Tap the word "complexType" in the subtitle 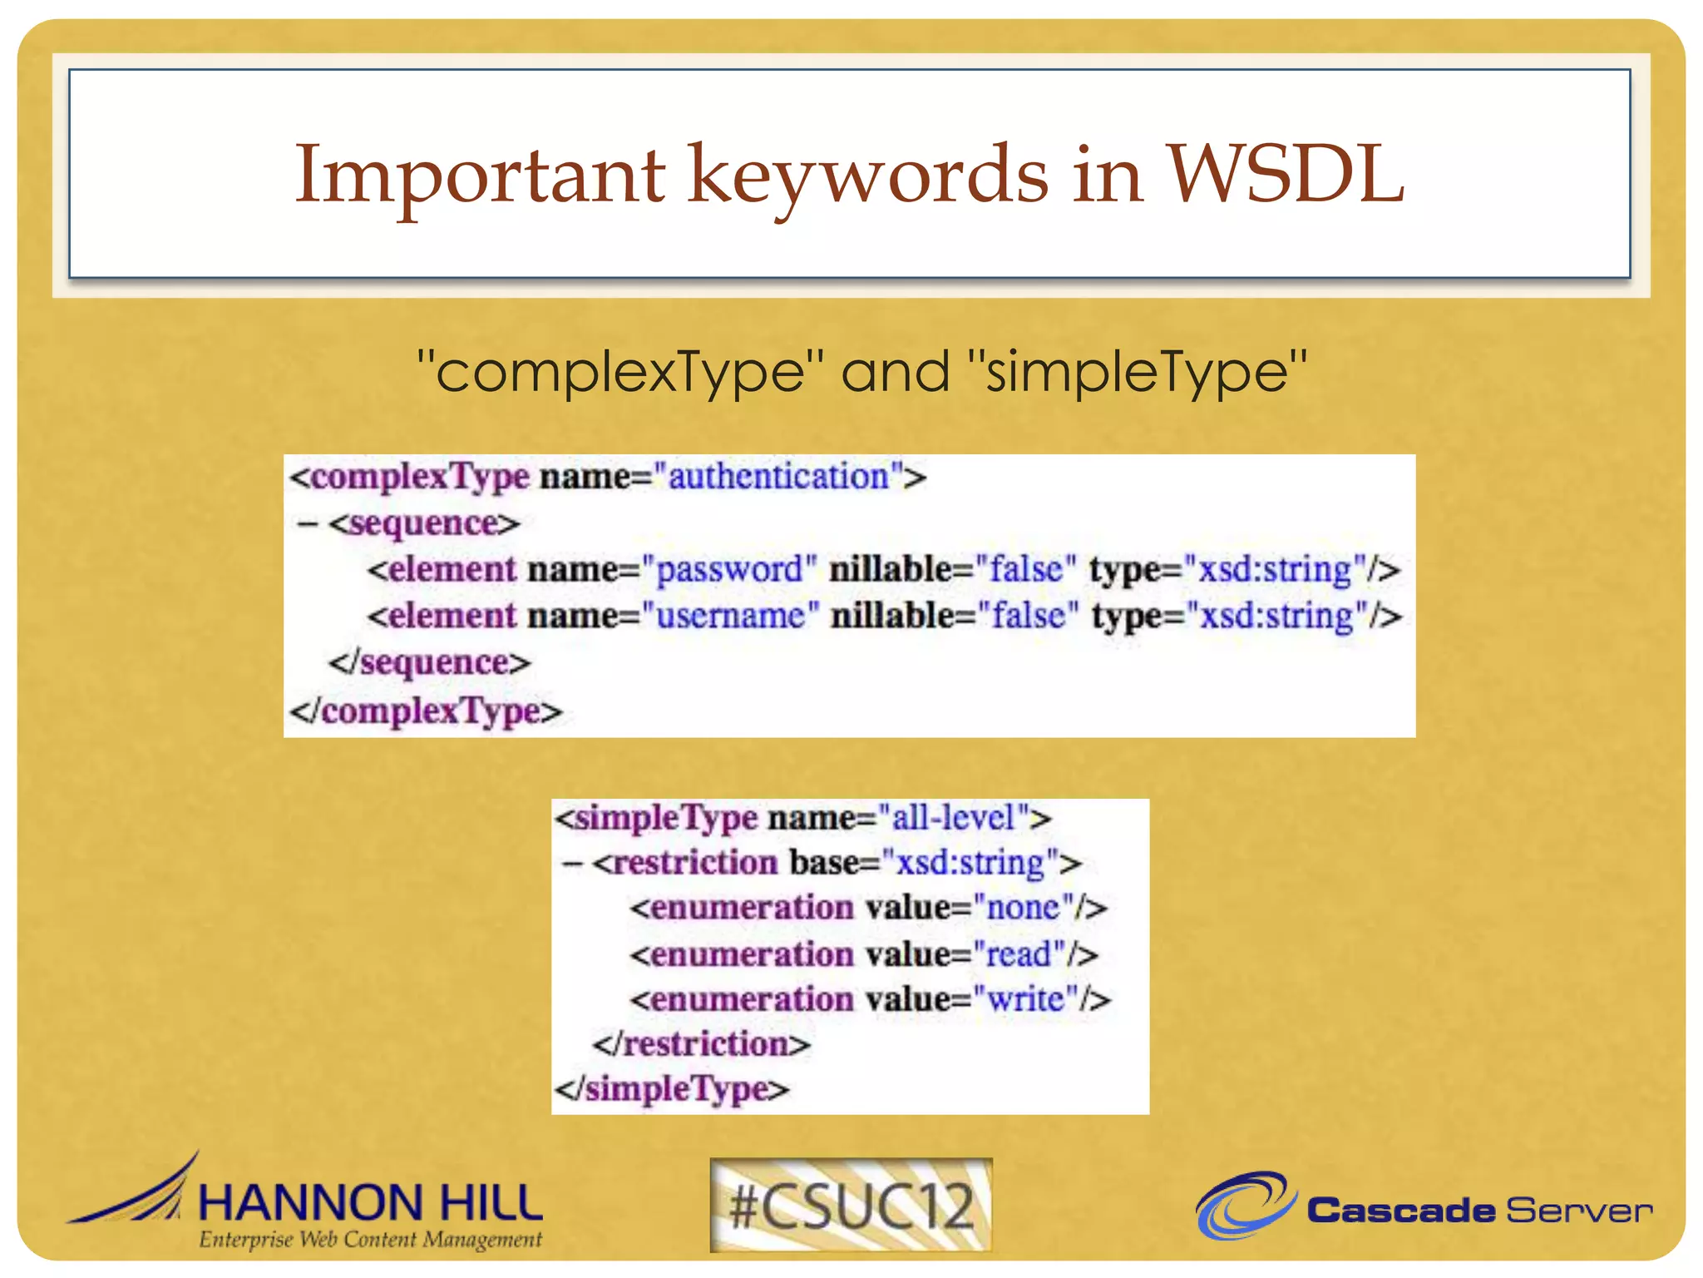[x=619, y=372]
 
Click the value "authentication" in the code [x=778, y=477]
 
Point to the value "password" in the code [x=729, y=570]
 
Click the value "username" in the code [x=730, y=617]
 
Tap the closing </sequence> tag [x=429, y=663]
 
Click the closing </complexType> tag [x=425, y=711]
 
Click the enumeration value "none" [x=1022, y=908]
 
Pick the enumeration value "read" [x=1018, y=954]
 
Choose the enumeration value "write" [x=1024, y=999]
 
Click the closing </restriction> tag [x=701, y=1044]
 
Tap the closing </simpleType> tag [x=672, y=1089]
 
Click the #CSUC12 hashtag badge [x=851, y=1205]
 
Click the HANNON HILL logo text [x=370, y=1203]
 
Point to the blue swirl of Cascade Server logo [x=1243, y=1205]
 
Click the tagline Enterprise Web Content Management [x=370, y=1240]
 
